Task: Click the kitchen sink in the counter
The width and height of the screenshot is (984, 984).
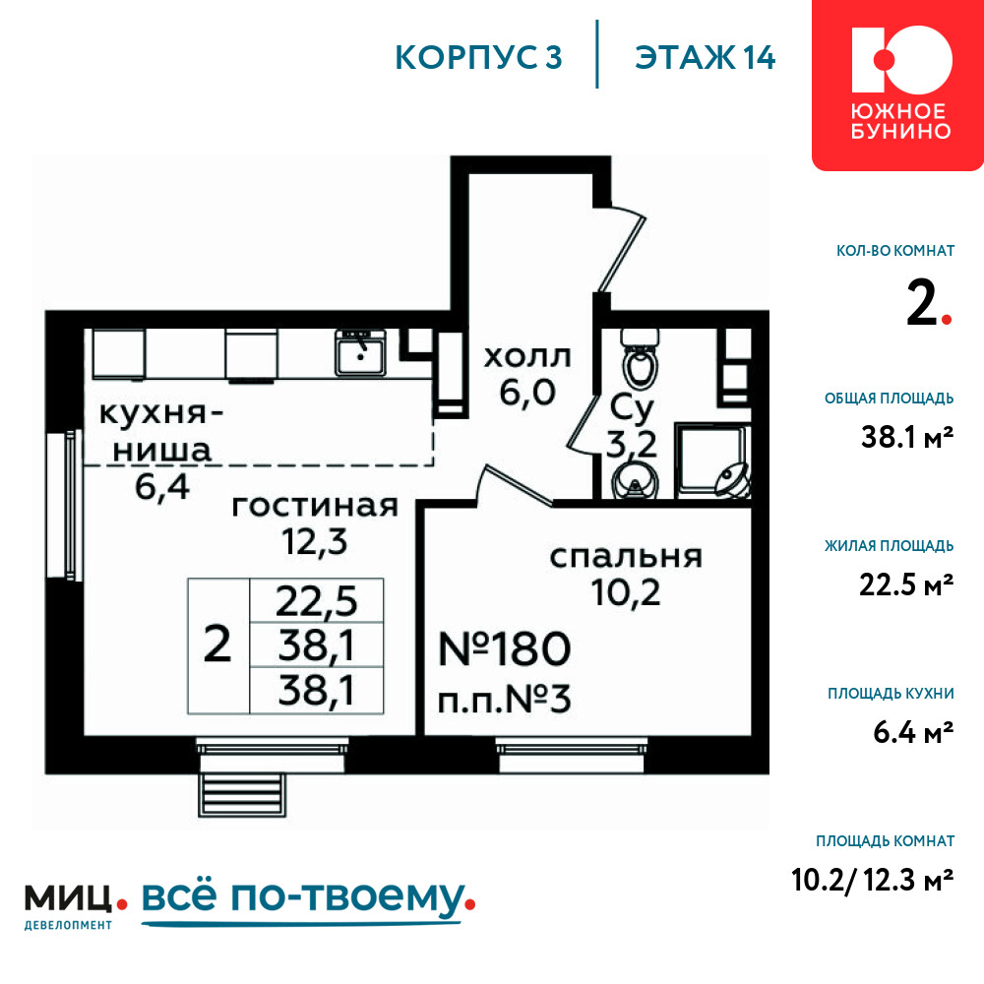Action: pos(360,352)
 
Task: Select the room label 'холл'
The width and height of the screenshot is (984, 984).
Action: pos(527,357)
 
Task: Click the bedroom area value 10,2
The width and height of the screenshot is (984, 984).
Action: pos(626,591)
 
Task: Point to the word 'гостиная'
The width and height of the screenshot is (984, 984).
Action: pos(315,506)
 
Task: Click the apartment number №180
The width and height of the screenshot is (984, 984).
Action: pos(505,648)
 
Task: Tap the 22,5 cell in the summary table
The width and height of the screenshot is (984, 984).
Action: pos(316,600)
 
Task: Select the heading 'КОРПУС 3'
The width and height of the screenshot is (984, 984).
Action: pos(478,57)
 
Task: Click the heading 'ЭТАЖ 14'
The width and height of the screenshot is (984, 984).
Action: pos(705,57)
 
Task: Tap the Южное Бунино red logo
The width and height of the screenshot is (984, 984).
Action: pos(898,85)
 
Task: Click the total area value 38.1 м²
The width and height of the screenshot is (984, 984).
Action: pos(907,437)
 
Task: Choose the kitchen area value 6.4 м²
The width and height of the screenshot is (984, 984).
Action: pos(914,732)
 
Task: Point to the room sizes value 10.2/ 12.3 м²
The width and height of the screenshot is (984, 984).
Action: pos(873,880)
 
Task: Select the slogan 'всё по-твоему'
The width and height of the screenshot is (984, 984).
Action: pos(308,898)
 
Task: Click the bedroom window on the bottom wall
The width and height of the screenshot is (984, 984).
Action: pos(571,755)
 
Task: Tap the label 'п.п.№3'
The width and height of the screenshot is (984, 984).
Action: pos(505,699)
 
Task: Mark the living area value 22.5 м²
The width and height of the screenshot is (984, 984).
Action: pos(907,584)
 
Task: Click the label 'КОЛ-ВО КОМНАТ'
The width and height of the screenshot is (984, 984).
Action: pos(895,251)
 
